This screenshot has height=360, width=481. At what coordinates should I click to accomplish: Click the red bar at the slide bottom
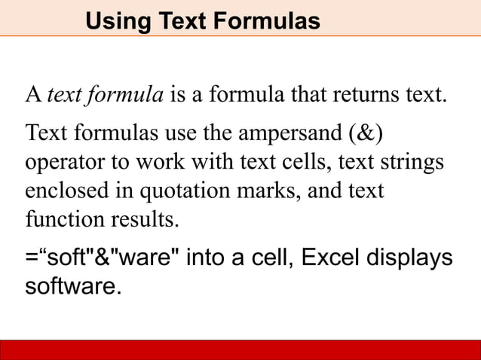click(x=240, y=350)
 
